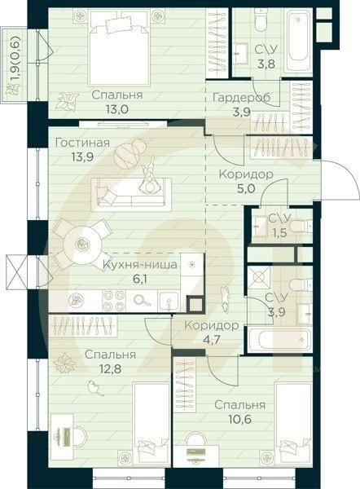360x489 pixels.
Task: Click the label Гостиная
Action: [x=82, y=143]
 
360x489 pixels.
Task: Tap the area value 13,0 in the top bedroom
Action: [x=117, y=109]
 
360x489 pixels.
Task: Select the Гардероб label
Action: [x=242, y=98]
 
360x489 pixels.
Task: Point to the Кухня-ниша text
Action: [x=140, y=265]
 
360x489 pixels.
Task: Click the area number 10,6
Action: [x=240, y=419]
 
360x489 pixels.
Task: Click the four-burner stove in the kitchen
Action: [x=114, y=300]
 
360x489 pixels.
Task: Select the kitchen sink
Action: [x=169, y=301]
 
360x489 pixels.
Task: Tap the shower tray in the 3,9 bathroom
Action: [x=259, y=277]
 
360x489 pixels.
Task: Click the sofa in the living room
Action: [x=131, y=194]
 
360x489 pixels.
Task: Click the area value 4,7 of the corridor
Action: [x=212, y=340]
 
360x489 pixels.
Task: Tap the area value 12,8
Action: [x=110, y=369]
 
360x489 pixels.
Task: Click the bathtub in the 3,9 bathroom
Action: [x=280, y=340]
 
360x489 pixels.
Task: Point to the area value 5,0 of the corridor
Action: [x=246, y=189]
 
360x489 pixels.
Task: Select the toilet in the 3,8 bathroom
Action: [x=260, y=20]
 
